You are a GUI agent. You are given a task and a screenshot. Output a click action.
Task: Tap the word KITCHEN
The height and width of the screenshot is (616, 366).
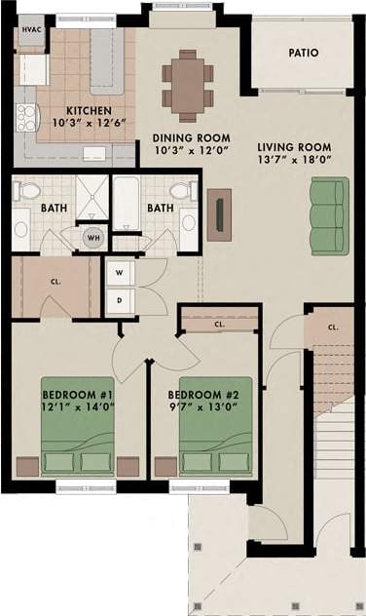(88, 111)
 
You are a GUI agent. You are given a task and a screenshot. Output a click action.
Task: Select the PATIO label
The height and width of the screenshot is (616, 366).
(303, 54)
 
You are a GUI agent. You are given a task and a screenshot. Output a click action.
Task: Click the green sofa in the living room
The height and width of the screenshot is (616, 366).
(327, 214)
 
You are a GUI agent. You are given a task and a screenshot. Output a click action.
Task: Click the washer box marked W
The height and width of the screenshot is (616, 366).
(118, 272)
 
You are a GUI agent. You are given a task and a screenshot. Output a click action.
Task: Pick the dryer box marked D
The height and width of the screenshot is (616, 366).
(118, 299)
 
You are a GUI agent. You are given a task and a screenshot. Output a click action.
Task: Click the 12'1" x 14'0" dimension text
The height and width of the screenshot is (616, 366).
(78, 408)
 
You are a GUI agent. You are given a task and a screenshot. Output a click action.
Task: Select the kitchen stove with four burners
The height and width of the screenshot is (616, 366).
(26, 117)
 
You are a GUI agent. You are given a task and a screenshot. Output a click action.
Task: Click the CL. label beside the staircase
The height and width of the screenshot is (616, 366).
(333, 327)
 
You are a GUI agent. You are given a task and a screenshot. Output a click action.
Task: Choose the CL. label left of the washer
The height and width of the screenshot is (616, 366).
(55, 283)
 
